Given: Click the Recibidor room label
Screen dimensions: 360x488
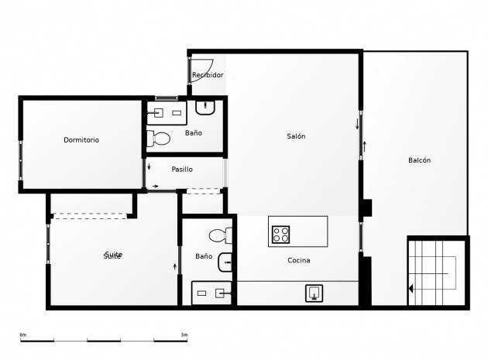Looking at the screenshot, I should coord(208,75).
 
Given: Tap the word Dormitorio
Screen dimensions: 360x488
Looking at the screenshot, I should coord(81,140).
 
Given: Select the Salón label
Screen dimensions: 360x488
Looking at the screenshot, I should coord(296,136).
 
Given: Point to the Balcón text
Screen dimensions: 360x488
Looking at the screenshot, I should coord(419,160).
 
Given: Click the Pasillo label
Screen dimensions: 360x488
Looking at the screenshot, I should coord(182,169).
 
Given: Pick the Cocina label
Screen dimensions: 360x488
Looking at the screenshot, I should coord(299,260).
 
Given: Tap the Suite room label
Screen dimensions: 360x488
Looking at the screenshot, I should coord(113,255).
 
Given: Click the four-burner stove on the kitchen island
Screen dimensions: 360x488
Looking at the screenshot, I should coord(280,232).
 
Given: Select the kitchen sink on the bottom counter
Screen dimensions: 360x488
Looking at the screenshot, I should coord(314,293).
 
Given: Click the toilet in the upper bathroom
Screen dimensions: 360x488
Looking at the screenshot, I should coord(160,139).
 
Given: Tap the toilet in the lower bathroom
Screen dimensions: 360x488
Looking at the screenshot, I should coord(221,235).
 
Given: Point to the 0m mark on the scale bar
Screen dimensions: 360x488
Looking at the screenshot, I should coord(23,334).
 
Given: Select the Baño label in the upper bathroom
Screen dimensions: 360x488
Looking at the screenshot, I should coord(194,133).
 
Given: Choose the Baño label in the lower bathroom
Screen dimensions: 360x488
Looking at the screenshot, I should coord(204,256).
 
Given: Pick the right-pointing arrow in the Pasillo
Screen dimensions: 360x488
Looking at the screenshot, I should coord(156,186).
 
